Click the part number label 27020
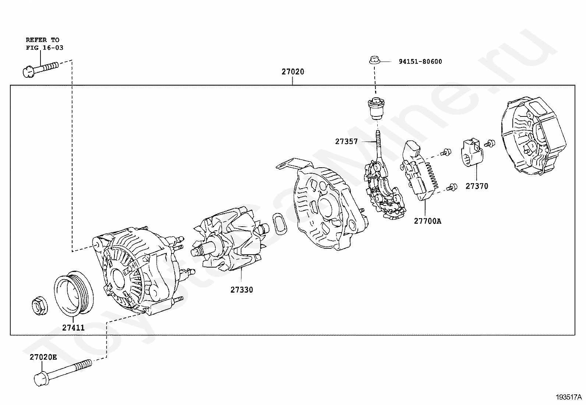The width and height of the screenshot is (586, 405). (x=293, y=71)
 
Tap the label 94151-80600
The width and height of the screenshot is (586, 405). (x=420, y=62)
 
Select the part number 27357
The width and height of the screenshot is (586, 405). (x=346, y=142)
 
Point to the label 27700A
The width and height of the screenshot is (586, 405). (x=427, y=221)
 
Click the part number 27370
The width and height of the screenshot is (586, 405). (x=477, y=186)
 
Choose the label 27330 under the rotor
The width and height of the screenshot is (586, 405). (x=242, y=290)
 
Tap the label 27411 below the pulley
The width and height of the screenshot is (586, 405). (x=73, y=328)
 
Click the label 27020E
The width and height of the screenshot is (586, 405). (x=43, y=357)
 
